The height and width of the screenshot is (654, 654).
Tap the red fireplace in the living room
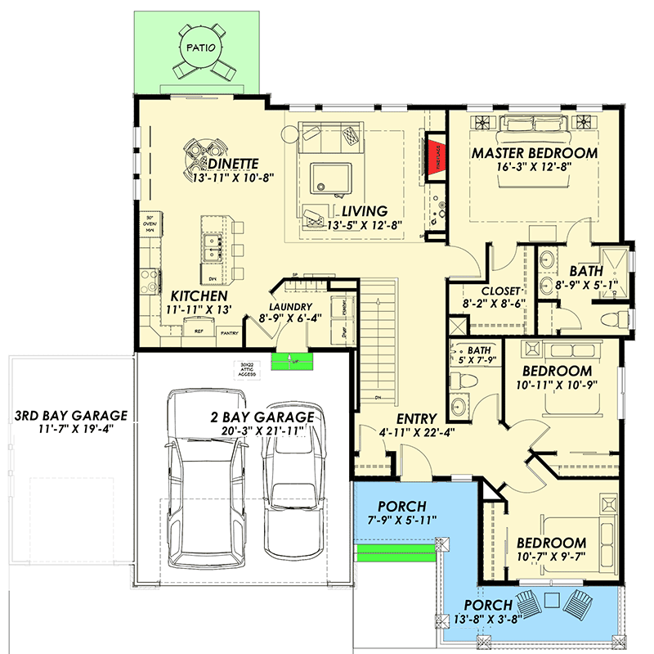[433, 157]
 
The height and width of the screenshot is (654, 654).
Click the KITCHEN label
[199, 295]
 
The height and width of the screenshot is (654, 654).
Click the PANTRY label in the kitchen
[230, 332]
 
